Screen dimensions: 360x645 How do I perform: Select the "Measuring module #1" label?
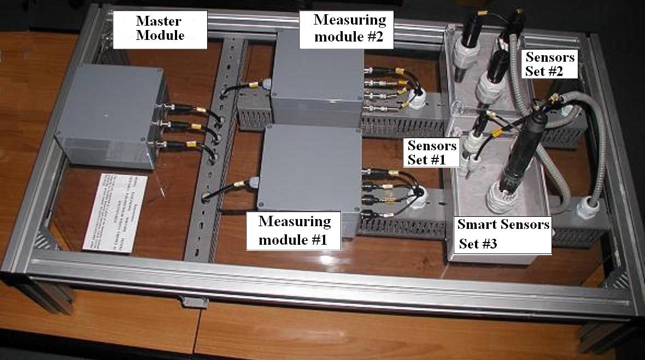coord(295,231)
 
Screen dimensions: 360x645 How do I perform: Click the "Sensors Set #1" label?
coord(432,153)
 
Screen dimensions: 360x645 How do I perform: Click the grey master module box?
coord(109,115)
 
